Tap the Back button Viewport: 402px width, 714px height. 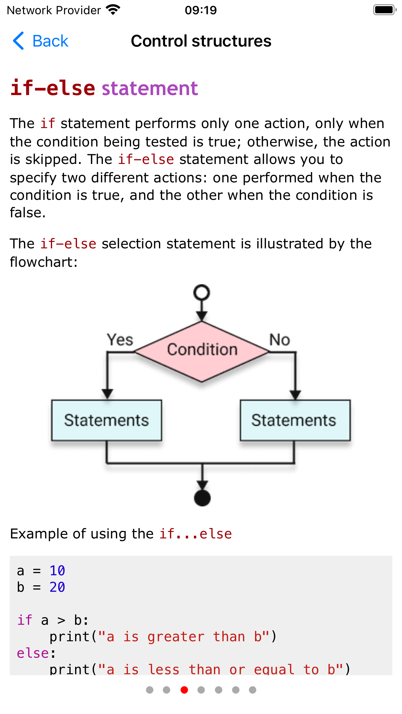pyautogui.click(x=41, y=41)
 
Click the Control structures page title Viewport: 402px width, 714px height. pyautogui.click(x=201, y=41)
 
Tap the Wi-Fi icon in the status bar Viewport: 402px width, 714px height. pyautogui.click(x=113, y=10)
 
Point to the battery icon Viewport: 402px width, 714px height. pyautogui.click(x=384, y=10)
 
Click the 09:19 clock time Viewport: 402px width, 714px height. pyautogui.click(x=201, y=10)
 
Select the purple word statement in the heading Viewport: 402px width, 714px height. pyautogui.click(x=150, y=88)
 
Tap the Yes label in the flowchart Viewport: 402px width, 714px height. pyautogui.click(x=120, y=340)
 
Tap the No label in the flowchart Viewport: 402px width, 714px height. pyautogui.click(x=280, y=340)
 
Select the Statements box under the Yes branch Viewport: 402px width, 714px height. pyautogui.click(x=106, y=420)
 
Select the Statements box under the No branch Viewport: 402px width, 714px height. pyautogui.click(x=295, y=420)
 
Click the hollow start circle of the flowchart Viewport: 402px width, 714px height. pyautogui.click(x=202, y=293)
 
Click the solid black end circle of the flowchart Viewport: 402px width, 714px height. pyautogui.click(x=202, y=498)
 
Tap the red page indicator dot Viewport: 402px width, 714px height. pyautogui.click(x=184, y=690)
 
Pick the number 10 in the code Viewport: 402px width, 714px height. pyautogui.click(x=57, y=571)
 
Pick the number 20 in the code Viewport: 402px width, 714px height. pyautogui.click(x=57, y=587)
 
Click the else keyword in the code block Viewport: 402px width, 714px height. pyautogui.click(x=33, y=653)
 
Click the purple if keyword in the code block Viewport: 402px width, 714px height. pyautogui.click(x=25, y=620)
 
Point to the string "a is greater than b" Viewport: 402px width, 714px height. pyautogui.click(x=184, y=637)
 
